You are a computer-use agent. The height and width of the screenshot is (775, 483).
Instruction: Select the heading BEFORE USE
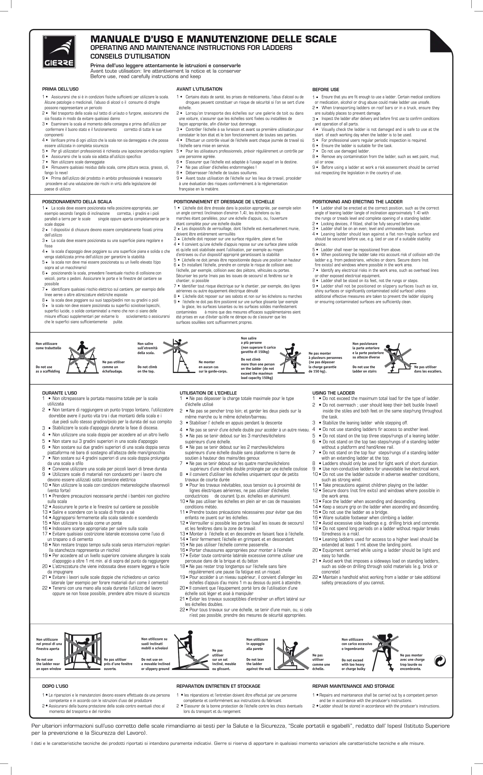point(325,89)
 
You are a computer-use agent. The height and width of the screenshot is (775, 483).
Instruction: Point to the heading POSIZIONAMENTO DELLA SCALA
point(77,202)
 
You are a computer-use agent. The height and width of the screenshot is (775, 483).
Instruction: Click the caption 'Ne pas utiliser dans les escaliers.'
point(428,369)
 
